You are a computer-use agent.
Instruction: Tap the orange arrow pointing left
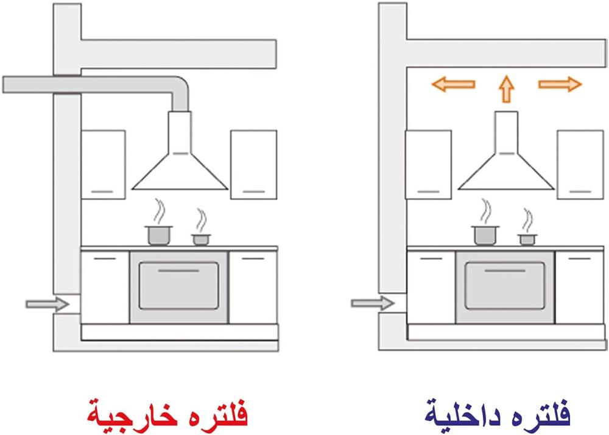coord(453,84)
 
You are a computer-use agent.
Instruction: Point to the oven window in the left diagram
coord(178,286)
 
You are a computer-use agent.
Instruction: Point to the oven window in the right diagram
coord(505,286)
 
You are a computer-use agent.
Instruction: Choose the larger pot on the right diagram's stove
coord(485,234)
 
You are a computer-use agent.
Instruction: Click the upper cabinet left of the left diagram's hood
coord(104,164)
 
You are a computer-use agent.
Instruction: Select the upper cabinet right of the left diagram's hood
coord(253,164)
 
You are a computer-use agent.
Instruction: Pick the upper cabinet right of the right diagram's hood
coord(580,164)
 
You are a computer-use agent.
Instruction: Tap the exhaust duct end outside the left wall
coord(24,84)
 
